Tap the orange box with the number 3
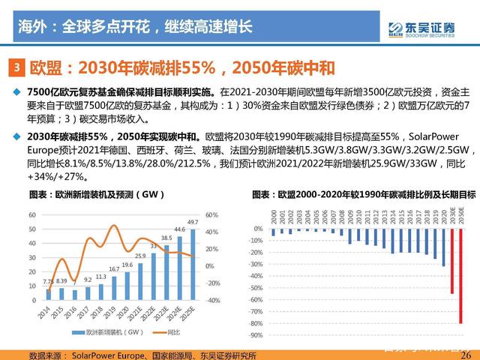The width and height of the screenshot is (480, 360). [x=18, y=68]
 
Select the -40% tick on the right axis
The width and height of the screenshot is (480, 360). [x=212, y=301]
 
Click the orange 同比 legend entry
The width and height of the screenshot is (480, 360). [x=154, y=331]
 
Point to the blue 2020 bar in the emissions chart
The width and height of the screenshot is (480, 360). [x=443, y=248]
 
